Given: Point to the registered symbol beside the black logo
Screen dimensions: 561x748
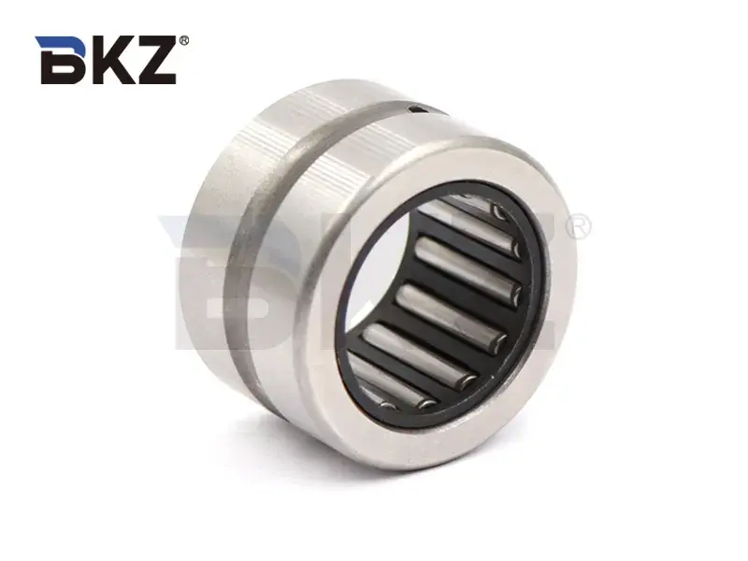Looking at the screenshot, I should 183,41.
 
